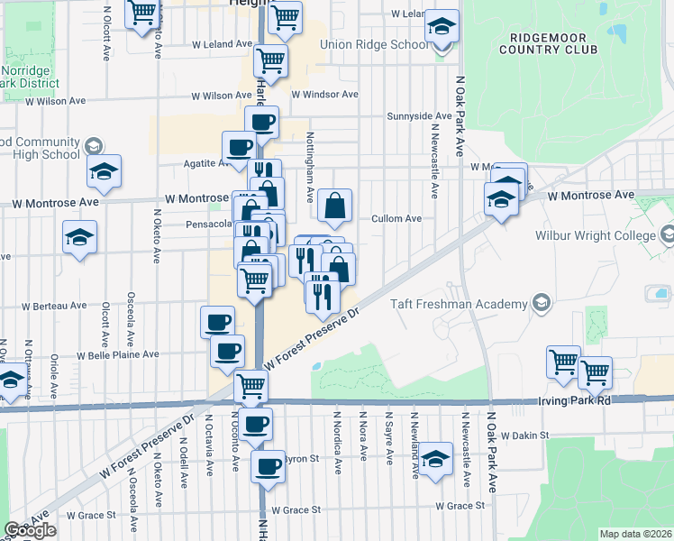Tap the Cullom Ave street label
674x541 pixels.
pos(396,218)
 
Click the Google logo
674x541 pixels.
pos(30,530)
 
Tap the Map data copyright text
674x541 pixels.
pos(635,534)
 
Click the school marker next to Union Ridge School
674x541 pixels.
pos(442,28)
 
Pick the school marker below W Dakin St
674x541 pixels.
pos(435,459)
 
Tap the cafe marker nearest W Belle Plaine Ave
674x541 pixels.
pos(227,352)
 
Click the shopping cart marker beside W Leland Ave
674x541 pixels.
pos(270,62)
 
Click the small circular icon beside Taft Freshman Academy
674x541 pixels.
pos(541,300)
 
